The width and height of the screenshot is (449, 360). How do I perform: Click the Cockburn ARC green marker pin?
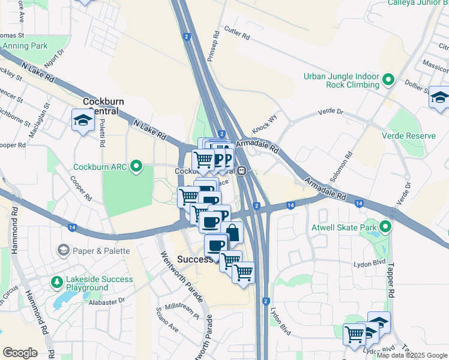pyautogui.click(x=137, y=167)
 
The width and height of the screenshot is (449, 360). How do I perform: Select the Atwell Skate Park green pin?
pyautogui.click(x=385, y=227)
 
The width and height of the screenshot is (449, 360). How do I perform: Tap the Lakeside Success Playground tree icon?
pyautogui.click(x=56, y=281)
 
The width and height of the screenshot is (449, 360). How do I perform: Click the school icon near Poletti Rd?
pyautogui.click(x=82, y=120)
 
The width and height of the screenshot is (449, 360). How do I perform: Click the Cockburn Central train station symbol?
pyautogui.click(x=241, y=170)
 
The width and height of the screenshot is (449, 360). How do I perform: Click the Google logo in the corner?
pyautogui.click(x=20, y=353)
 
